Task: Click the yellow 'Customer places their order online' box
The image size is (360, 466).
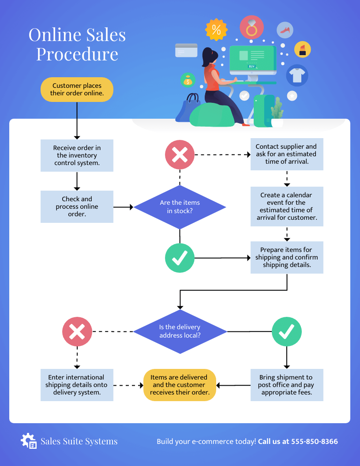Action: tap(77, 90)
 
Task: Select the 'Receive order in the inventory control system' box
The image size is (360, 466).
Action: tap(77, 155)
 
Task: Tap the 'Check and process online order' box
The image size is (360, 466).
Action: tap(77, 207)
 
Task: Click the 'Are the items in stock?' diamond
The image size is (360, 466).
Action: tap(180, 207)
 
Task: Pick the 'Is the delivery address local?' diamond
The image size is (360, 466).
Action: tap(180, 331)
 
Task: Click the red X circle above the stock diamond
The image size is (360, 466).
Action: tap(180, 155)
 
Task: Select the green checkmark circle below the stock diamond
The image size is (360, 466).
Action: tap(180, 258)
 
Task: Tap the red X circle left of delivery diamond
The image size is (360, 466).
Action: tap(77, 331)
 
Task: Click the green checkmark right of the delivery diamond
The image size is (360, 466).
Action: tap(287, 331)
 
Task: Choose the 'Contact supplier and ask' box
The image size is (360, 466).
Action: tap(286, 154)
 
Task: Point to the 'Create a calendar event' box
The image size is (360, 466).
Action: tap(287, 207)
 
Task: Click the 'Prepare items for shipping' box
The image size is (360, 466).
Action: tap(287, 257)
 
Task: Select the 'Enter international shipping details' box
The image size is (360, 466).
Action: tap(77, 385)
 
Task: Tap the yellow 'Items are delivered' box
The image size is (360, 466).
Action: tap(180, 385)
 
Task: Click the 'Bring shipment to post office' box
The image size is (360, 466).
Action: tap(287, 385)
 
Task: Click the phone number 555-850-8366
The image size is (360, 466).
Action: tap(314, 441)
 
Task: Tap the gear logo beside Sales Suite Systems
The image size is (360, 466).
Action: tap(29, 441)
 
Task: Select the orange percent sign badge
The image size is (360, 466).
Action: tap(216, 30)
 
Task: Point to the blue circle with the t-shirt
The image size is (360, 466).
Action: tap(297, 75)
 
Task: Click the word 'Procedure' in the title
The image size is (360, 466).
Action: tap(77, 54)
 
